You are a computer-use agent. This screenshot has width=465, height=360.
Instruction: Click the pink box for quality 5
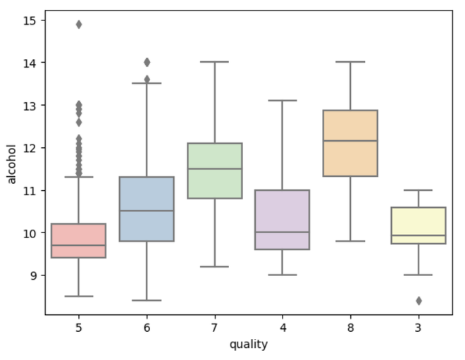79,240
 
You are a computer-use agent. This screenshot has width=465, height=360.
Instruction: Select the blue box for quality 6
147,209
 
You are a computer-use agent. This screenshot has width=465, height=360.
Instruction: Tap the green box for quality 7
215,170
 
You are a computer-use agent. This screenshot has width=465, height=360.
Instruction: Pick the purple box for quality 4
283,219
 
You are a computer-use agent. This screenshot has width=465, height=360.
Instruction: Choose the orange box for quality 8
350,143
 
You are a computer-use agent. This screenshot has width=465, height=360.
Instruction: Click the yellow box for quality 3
418,225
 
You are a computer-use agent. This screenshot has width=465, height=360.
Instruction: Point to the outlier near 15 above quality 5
79,24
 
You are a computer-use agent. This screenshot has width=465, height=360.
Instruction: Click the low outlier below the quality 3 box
418,301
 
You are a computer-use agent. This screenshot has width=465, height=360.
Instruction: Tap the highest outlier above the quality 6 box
147,62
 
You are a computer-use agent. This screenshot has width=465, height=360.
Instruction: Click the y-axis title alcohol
12,163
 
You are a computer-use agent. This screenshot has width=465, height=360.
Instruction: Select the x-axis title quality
248,345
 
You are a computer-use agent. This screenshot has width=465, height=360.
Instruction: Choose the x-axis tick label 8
350,328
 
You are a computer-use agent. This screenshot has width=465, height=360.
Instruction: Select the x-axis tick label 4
283,328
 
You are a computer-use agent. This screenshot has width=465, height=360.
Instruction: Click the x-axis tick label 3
418,328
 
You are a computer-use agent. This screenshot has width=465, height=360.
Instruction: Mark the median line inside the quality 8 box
350,141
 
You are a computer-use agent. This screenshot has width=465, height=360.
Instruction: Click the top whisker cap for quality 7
215,62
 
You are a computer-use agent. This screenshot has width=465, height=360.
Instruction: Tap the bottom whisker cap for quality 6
147,300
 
